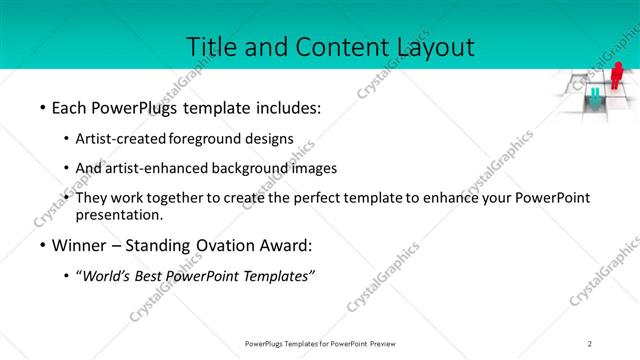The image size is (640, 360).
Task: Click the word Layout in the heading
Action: click(433, 46)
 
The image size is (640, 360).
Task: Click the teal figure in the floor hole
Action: click(595, 97)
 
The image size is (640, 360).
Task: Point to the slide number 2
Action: click(589, 343)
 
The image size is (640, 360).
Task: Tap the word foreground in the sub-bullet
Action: click(206, 138)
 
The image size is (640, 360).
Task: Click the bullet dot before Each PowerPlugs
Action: click(41, 107)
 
